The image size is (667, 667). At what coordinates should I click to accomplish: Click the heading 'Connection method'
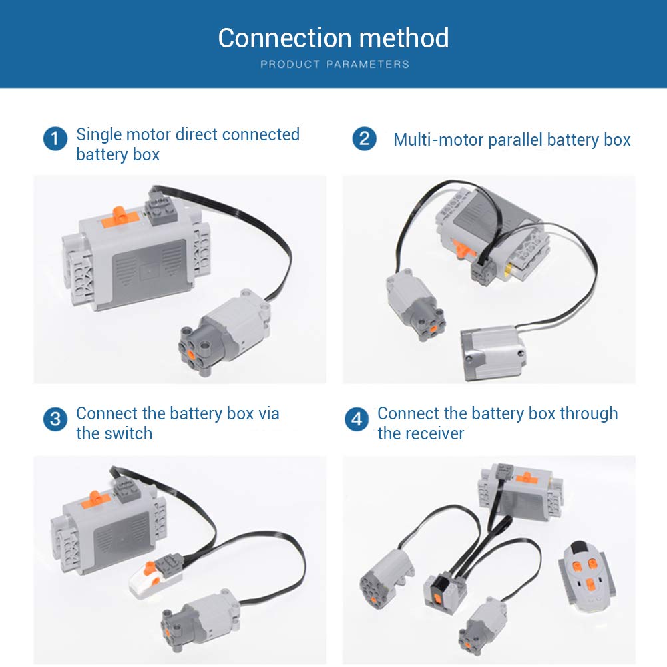click(x=333, y=38)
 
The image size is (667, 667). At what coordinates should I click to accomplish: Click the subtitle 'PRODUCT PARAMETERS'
click(x=334, y=65)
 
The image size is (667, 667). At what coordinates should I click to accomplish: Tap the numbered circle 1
click(x=55, y=140)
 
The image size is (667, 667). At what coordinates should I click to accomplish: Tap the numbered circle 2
click(x=363, y=140)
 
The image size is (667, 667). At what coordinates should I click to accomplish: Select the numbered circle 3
click(x=55, y=419)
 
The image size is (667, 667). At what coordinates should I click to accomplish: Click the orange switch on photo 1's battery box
click(x=118, y=214)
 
